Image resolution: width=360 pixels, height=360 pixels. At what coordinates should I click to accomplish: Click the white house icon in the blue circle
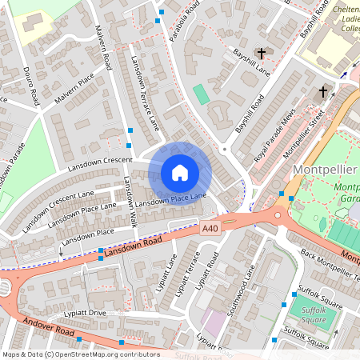pyautogui.click(x=180, y=172)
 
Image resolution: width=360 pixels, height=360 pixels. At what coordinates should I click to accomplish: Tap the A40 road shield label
pyautogui.click(x=210, y=229)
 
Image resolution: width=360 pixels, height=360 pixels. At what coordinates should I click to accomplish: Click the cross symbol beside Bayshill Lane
pyautogui.click(x=261, y=54)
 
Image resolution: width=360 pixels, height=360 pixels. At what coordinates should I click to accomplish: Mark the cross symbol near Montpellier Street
pyautogui.click(x=323, y=92)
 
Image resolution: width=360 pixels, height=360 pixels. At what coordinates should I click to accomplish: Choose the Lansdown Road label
pyautogui.click(x=134, y=246)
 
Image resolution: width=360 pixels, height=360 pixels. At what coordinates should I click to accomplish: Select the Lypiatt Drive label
pyautogui.click(x=86, y=311)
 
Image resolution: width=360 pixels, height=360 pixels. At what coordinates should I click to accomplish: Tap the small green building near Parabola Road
pyautogui.click(x=201, y=94)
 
